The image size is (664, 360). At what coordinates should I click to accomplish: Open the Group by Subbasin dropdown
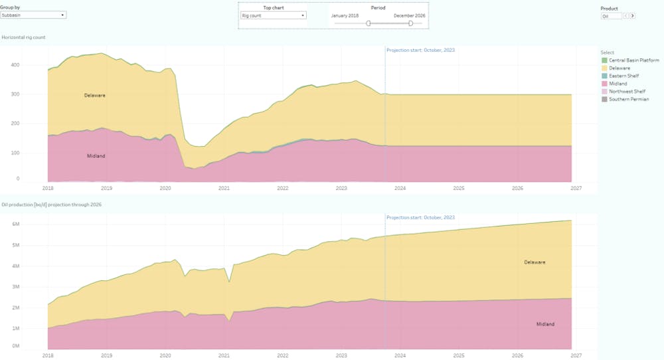pos(33,14)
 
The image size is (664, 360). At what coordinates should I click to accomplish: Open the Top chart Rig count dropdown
pos(273,15)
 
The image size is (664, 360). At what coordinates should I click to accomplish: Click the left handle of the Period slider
pos(369,23)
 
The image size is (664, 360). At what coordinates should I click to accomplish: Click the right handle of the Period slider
pos(410,23)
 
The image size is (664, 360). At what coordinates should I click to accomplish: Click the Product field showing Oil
pos(611,15)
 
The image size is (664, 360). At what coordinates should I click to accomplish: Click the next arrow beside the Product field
pos(633,15)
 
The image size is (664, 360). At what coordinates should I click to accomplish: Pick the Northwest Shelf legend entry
pos(625,91)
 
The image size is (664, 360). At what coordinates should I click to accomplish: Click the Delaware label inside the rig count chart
pos(94,95)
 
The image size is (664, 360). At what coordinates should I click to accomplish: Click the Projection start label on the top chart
pos(421,50)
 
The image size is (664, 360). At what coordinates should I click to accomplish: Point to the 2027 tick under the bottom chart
pos(576,355)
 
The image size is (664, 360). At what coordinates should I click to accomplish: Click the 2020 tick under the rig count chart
pos(165,188)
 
